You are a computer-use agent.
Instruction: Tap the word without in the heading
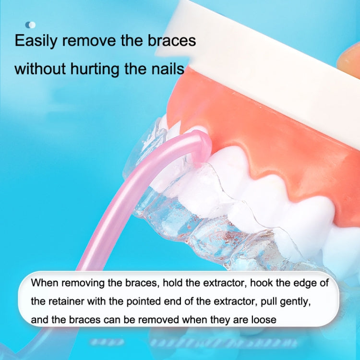[x=40, y=69]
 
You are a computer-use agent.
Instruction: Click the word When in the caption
[x=43, y=282]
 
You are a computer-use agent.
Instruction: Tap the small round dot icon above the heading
[x=30, y=24]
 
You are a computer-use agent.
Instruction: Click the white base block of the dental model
[x=269, y=53]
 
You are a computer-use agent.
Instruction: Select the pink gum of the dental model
[x=269, y=134]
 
